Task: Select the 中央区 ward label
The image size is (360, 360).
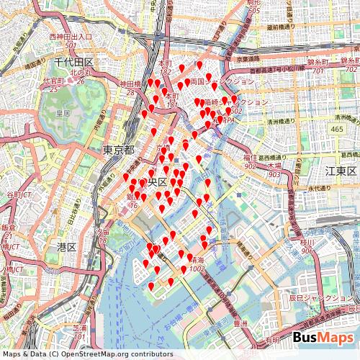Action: [x=154, y=181]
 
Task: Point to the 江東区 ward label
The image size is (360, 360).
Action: [x=341, y=171]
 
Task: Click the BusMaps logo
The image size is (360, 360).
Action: [x=323, y=338]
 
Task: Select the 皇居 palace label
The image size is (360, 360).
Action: [x=63, y=113]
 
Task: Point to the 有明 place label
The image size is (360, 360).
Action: [x=271, y=340]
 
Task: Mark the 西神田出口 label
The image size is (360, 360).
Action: [x=71, y=36]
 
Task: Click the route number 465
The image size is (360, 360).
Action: [x=338, y=128]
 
